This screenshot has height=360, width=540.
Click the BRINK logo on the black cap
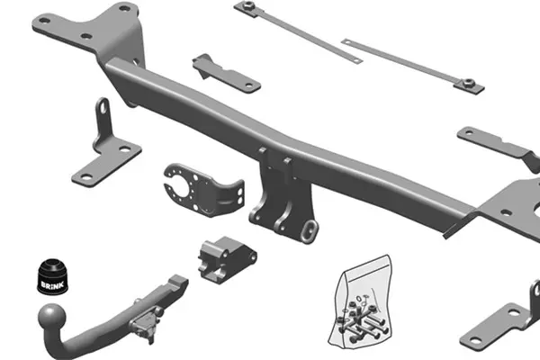tap(52, 285)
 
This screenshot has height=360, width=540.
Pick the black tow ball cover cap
tap(52, 276)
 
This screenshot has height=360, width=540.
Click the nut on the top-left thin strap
tap(248, 6)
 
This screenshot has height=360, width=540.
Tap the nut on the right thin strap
tap(468, 83)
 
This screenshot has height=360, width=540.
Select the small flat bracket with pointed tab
tap(226, 74)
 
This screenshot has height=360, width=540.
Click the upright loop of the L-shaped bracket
tap(103, 110)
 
